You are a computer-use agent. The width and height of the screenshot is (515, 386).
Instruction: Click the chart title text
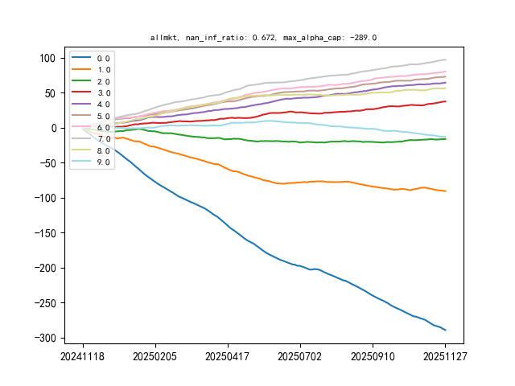[x=263, y=37]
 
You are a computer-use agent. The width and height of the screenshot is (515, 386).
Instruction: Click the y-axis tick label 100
[x=49, y=58]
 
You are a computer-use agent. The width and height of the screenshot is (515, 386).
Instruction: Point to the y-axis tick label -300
[x=46, y=338]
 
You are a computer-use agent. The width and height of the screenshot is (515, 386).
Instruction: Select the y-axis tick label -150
[x=46, y=233]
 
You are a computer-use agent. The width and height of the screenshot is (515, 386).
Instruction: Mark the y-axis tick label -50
[x=48, y=163]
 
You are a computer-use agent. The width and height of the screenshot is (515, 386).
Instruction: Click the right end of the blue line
[x=445, y=330]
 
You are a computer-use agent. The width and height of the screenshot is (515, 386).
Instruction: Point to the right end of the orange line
[x=445, y=191]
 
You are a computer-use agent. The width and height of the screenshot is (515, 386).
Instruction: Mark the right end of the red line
[x=445, y=101]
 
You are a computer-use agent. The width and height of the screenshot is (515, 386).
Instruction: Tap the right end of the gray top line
[x=445, y=60]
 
